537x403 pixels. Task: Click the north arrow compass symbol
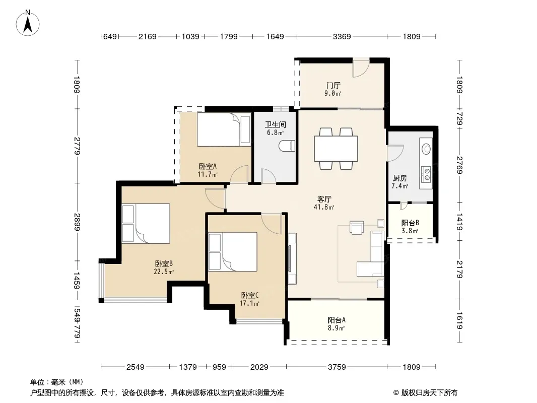28,23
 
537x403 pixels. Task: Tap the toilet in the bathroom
287,146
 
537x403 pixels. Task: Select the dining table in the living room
336,149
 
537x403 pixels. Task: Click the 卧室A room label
208,166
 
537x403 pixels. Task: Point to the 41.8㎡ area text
323,207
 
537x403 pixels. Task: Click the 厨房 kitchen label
399,178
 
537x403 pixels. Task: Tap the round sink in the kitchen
426,149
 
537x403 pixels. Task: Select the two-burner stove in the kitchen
427,174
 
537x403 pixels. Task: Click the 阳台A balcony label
337,320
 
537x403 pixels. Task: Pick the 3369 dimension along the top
342,37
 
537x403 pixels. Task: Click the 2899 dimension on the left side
77,222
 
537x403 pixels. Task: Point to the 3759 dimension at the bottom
337,367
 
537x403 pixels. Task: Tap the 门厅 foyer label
333,85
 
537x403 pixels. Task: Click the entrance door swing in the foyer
361,68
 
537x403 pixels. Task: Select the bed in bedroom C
233,252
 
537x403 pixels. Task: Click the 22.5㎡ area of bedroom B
164,272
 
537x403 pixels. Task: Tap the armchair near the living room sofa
357,227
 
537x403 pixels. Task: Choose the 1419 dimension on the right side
459,222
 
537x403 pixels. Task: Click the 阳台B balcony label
410,223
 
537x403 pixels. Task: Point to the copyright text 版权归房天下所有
429,393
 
